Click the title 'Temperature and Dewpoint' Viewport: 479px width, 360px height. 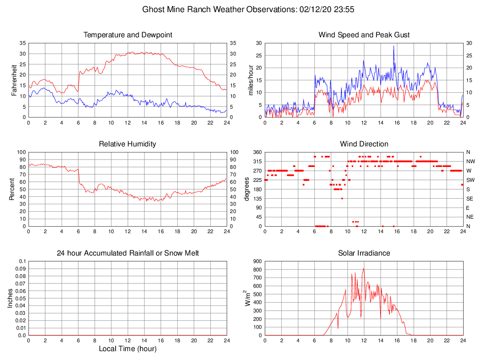(x=127, y=35)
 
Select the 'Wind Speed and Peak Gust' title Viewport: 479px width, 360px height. (x=364, y=35)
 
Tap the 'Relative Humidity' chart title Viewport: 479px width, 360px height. (x=127, y=144)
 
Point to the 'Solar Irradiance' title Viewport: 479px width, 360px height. (x=364, y=253)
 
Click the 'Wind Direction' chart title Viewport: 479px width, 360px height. (x=364, y=144)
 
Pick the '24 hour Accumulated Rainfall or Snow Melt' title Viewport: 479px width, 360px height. (x=127, y=253)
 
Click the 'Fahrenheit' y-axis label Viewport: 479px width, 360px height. (x=14, y=80)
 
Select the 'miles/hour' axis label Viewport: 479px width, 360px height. (x=251, y=80)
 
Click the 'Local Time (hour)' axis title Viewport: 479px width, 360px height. (x=127, y=349)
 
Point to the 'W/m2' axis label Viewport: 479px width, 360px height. (x=248, y=298)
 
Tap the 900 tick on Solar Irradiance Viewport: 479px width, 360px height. (x=257, y=261)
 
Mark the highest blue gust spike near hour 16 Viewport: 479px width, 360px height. (x=394, y=46)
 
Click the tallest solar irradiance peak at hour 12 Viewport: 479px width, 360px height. (x=364, y=269)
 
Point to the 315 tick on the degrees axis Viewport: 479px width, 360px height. (x=256, y=161)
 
